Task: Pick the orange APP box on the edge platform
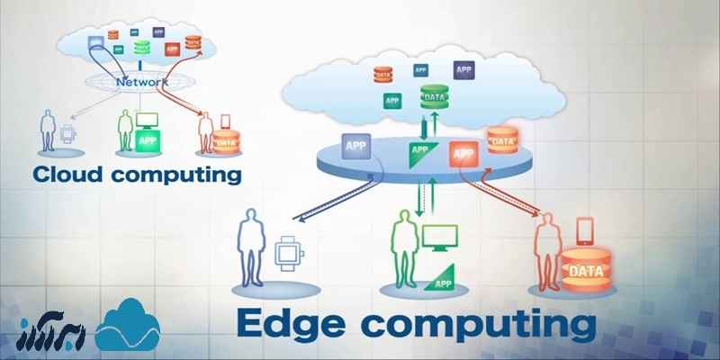(x=463, y=153)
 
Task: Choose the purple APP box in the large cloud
(x=463, y=69)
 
